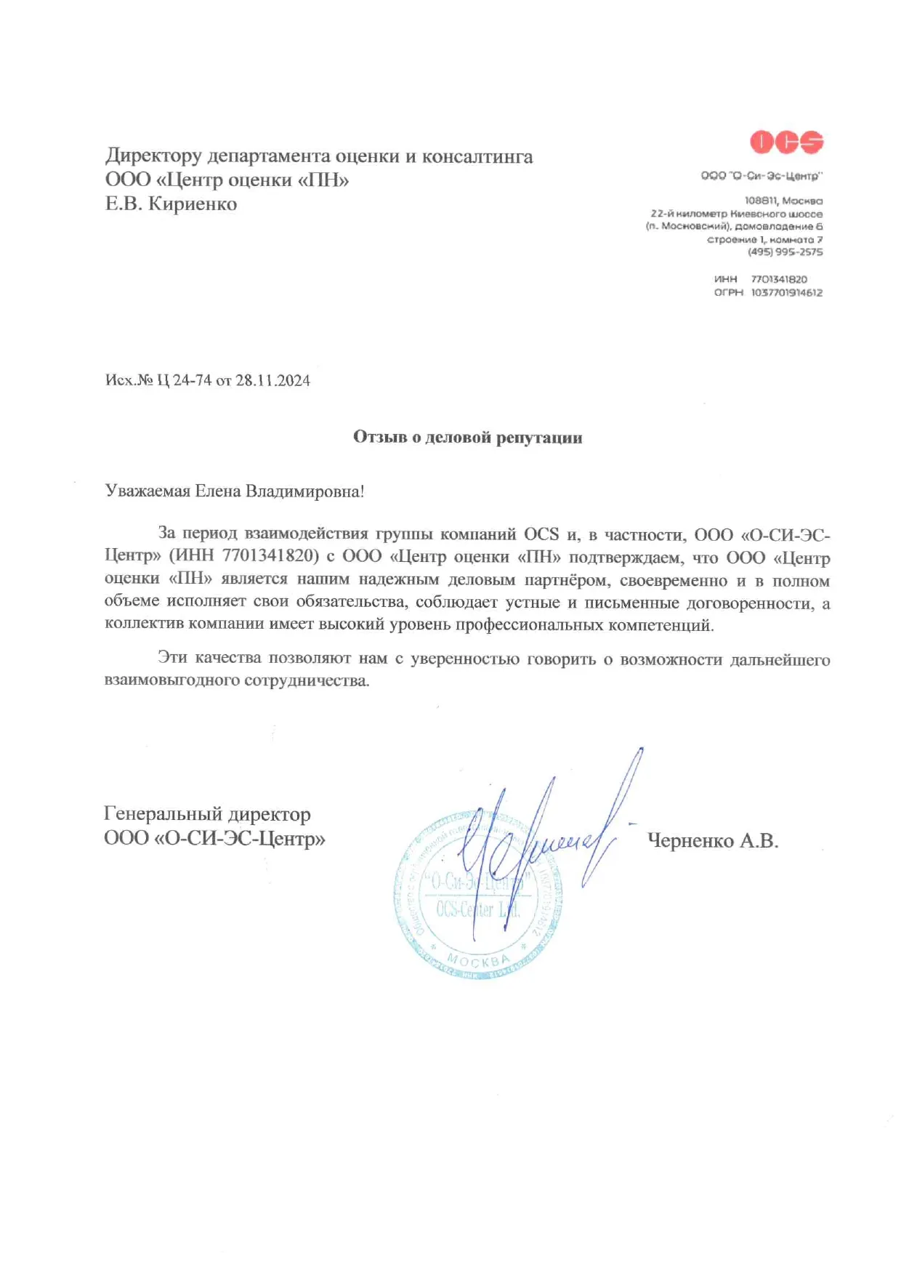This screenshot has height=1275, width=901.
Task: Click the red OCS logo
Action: click(786, 142)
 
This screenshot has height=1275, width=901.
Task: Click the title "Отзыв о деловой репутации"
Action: click(467, 437)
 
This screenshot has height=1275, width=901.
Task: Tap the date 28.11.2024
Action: click(272, 381)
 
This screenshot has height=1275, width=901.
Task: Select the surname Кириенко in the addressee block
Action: click(193, 204)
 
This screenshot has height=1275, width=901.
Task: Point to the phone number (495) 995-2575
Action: click(785, 252)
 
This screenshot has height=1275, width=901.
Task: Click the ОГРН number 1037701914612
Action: click(786, 293)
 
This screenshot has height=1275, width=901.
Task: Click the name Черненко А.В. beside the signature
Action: click(712, 841)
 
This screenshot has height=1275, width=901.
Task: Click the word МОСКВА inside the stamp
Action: click(478, 960)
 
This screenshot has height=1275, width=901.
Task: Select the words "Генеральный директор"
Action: click(207, 814)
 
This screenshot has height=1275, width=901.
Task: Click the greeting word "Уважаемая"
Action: click(148, 491)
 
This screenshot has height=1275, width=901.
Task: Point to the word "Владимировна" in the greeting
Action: click(304, 491)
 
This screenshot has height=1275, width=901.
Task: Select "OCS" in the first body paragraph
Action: click(541, 534)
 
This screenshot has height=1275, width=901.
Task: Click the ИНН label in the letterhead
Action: click(725, 279)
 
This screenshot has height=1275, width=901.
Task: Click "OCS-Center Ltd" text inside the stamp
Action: click(477, 909)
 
